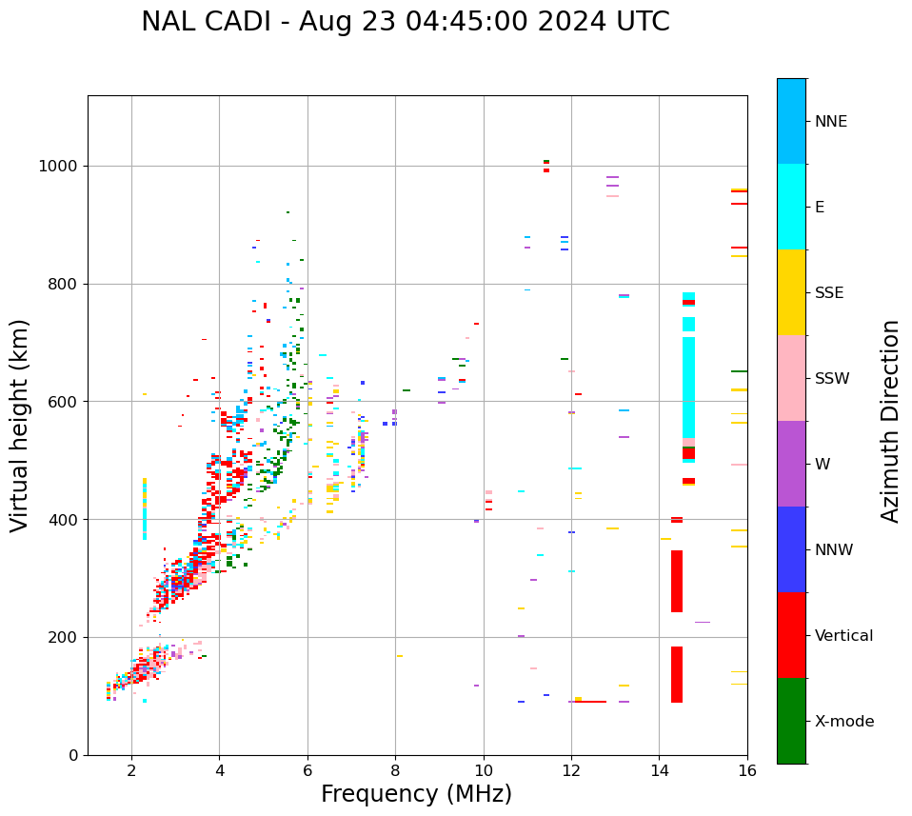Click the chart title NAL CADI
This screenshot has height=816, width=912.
(405, 22)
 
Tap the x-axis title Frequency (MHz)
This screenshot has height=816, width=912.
(416, 794)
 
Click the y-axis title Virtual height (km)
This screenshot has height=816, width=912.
(20, 426)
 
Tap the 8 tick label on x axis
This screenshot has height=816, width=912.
(395, 770)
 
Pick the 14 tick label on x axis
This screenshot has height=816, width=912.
(659, 770)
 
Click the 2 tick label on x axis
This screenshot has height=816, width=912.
(131, 770)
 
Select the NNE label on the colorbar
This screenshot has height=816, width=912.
(830, 122)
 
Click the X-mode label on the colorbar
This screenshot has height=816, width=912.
(843, 722)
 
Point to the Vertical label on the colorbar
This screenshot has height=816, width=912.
(843, 636)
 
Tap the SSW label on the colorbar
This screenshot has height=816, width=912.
(832, 379)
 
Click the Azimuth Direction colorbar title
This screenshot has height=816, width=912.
(890, 421)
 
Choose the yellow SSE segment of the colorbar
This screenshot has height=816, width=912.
(791, 292)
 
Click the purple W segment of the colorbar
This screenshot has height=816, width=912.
(791, 464)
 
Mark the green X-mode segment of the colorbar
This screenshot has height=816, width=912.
(791, 721)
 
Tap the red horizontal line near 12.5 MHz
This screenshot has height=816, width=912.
(591, 702)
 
